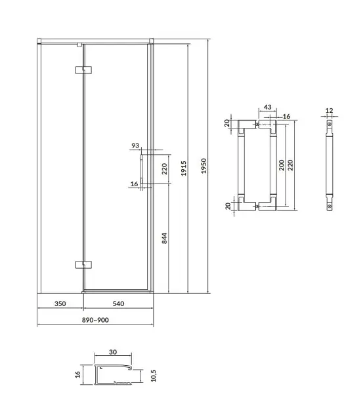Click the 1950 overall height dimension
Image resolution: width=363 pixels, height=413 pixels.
point(203,166)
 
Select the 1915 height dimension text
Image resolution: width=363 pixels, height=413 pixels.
point(184,168)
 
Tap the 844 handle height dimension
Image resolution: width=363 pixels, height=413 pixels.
point(164,238)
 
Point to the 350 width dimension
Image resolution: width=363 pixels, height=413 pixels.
point(60,304)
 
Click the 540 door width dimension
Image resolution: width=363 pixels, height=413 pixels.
point(118,304)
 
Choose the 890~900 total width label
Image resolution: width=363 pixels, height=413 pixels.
point(95,320)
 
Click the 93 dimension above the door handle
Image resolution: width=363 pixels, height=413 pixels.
point(135,146)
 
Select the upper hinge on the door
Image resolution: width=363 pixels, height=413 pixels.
point(83,69)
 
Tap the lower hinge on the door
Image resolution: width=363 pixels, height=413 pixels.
point(83,264)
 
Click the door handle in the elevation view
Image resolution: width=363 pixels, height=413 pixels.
point(142,168)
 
